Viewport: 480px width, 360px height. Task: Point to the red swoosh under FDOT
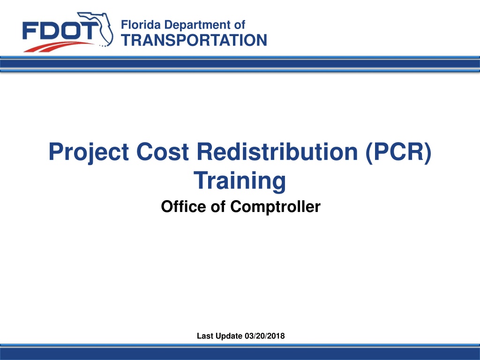coord(58,47)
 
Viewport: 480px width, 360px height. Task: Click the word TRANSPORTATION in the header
coord(194,40)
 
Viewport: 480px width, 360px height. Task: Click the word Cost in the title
coord(163,152)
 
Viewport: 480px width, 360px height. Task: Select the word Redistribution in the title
coord(277,151)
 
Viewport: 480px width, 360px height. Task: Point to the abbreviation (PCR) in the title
coord(398,152)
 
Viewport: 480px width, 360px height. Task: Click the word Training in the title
coord(240,181)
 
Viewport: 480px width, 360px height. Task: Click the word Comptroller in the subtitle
coord(276,207)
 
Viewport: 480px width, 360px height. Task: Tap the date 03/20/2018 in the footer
coord(265,336)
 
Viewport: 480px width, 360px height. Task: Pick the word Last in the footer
coord(205,336)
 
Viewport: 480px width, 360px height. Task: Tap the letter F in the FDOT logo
coord(30,31)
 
